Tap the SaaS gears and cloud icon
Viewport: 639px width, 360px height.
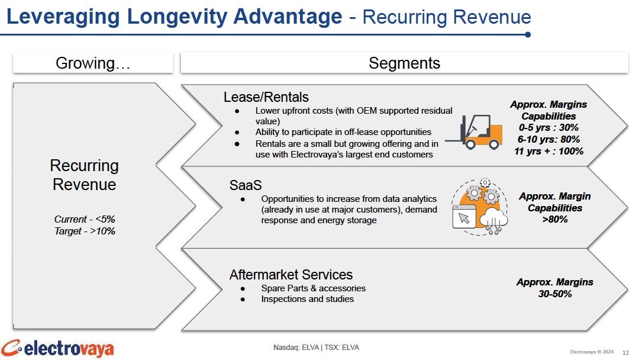point(480,207)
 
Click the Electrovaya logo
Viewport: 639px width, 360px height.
point(57,349)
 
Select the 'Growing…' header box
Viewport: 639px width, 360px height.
point(93,63)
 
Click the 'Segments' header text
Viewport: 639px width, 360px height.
point(404,63)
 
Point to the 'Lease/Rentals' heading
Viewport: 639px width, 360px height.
point(266,97)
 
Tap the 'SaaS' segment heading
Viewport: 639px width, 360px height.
point(246,185)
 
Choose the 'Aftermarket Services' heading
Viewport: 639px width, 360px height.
point(291,274)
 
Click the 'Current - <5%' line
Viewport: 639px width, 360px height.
point(85,219)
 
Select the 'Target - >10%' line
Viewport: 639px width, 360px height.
point(85,231)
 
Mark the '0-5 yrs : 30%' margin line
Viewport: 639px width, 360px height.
point(548,128)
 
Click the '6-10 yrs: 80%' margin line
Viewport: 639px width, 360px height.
point(548,139)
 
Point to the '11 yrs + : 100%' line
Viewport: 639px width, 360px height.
point(548,151)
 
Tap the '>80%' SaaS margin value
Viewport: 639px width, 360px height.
point(554,219)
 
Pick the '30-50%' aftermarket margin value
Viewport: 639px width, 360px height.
point(554,294)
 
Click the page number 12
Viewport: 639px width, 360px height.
point(625,353)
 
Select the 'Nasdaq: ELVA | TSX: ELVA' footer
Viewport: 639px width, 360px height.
point(316,348)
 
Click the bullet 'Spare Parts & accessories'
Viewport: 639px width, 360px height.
point(314,288)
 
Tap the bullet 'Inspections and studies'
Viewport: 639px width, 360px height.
point(307,299)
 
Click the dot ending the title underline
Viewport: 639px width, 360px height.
point(528,35)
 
